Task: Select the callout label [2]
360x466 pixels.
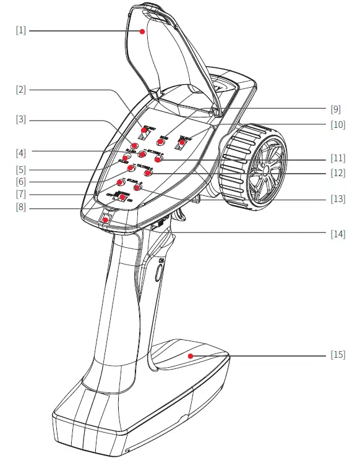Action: (x=20, y=90)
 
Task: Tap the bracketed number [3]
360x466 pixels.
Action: (x=20, y=119)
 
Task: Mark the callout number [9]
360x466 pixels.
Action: (x=336, y=109)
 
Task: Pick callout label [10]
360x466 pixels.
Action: (x=338, y=124)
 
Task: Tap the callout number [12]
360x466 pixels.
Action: (x=338, y=174)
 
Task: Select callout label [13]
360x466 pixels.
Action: (x=338, y=199)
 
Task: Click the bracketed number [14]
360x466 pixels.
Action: (x=338, y=234)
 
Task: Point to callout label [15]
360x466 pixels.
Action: (x=338, y=355)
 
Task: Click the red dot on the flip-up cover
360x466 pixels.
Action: (x=142, y=30)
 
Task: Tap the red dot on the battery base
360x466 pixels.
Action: (x=191, y=355)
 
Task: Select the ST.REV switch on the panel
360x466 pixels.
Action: (x=144, y=132)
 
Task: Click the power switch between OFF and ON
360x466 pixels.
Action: (x=122, y=197)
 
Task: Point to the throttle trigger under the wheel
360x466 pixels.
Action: (x=184, y=213)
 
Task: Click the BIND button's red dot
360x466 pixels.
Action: (x=160, y=142)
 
